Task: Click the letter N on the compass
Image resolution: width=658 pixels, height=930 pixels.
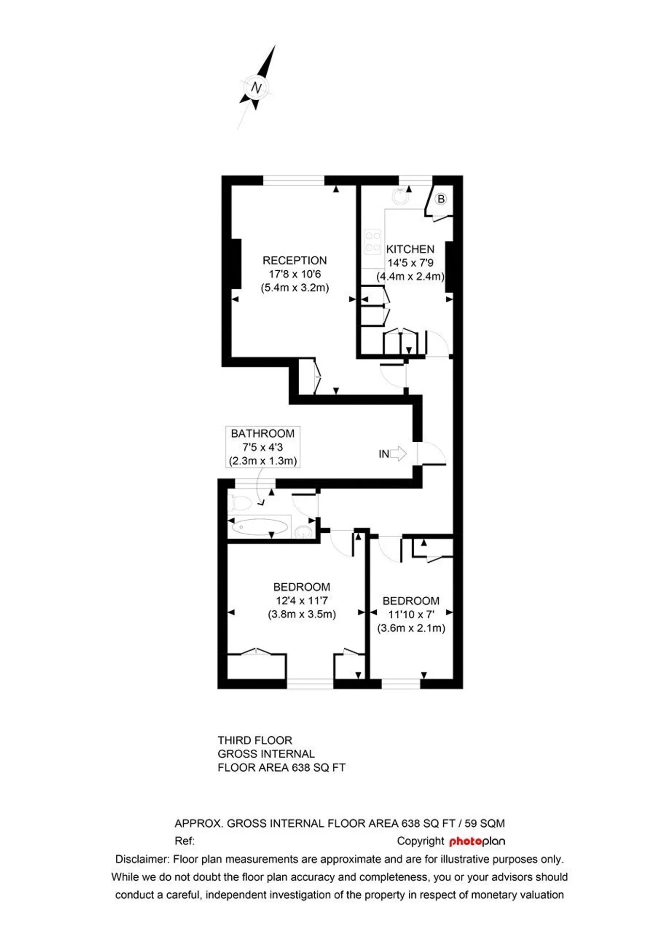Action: (257, 88)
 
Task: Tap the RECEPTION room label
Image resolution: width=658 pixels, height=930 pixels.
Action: (295, 260)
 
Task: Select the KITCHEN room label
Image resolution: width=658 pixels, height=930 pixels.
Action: (410, 249)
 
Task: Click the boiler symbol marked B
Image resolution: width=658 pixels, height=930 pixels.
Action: (441, 199)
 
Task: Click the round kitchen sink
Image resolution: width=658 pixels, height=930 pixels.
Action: (401, 197)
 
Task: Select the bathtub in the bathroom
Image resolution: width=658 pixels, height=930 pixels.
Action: (259, 527)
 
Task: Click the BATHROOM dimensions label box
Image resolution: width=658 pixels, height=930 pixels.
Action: (263, 447)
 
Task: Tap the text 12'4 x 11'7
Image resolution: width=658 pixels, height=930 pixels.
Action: (302, 601)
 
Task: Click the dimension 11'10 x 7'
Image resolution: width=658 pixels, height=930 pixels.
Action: (411, 615)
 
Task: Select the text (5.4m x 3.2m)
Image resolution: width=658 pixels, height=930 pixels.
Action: (295, 288)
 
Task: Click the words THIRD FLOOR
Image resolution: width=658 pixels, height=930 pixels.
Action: (255, 741)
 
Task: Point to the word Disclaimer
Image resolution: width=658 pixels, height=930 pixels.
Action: (141, 859)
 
